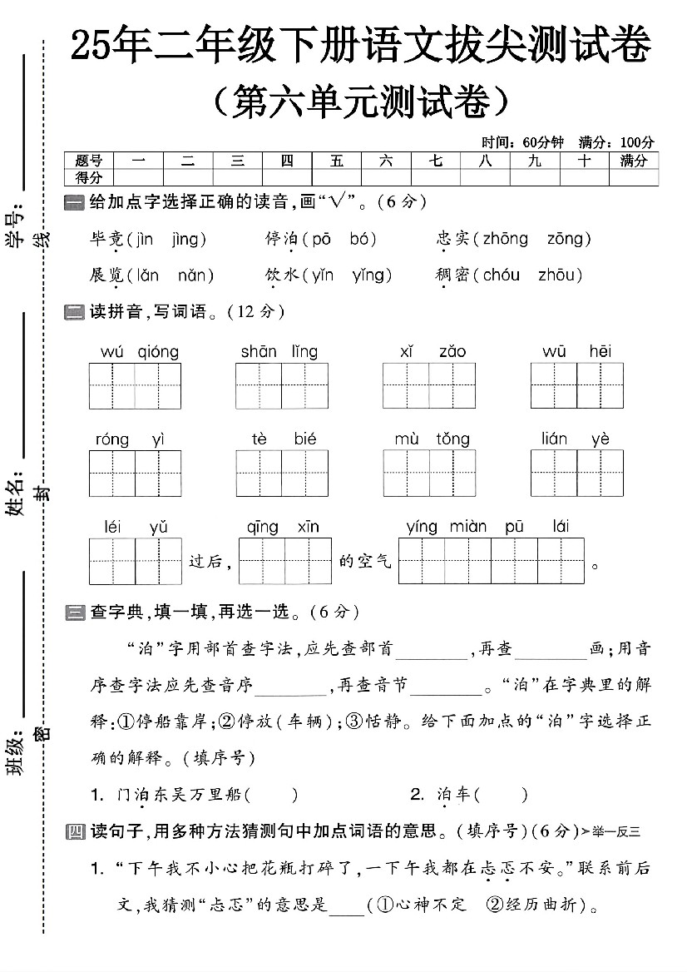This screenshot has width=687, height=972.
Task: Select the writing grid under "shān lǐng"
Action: click(x=281, y=387)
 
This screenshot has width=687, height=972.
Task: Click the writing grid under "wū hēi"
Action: click(x=576, y=387)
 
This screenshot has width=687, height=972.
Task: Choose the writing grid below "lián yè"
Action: click(x=576, y=474)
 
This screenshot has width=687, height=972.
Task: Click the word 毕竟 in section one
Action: click(x=106, y=240)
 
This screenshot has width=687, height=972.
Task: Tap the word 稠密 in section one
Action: click(x=452, y=275)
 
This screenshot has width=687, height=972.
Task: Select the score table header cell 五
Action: click(x=337, y=161)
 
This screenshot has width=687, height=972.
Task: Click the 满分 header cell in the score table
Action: click(x=633, y=161)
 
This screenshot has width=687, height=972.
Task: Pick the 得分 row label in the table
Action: click(x=88, y=177)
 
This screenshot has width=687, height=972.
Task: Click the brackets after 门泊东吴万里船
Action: click(x=272, y=795)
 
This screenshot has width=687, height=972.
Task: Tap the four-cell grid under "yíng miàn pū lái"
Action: click(x=492, y=562)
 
